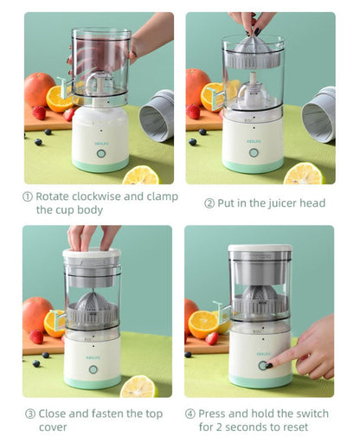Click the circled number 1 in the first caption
(x=27, y=196)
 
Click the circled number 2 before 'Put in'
(x=209, y=203)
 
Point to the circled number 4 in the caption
(x=190, y=414)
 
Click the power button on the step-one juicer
(x=100, y=153)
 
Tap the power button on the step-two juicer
(x=253, y=152)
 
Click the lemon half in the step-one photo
(x=141, y=175)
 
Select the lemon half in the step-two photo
(x=304, y=173)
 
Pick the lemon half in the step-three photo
(x=138, y=387)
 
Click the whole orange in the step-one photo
(x=39, y=88)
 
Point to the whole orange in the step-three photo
(x=37, y=313)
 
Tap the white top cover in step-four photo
(x=260, y=249)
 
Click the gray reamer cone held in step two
(x=254, y=49)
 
